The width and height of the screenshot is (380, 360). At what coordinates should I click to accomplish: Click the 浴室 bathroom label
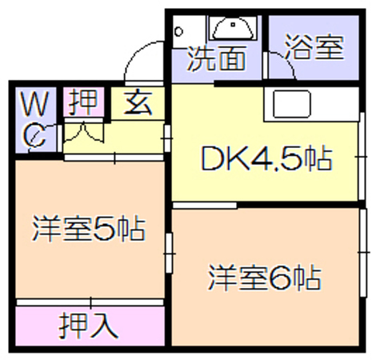[x=314, y=47]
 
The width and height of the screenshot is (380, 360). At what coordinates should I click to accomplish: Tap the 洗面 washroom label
[x=216, y=59]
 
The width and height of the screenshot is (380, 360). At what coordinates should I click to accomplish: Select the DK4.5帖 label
[x=266, y=159]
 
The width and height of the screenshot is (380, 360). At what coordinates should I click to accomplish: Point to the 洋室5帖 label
[x=89, y=230]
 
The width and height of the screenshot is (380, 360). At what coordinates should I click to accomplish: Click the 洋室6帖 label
[x=265, y=278]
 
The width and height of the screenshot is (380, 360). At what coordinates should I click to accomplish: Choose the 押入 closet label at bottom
[x=88, y=326]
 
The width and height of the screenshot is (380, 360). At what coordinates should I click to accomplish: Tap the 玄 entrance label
[x=138, y=102]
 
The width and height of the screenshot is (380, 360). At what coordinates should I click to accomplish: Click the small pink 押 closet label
[x=83, y=102]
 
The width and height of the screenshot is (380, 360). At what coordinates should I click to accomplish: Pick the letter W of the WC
[x=35, y=104]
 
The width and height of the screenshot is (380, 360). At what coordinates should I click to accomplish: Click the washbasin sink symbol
[x=233, y=28]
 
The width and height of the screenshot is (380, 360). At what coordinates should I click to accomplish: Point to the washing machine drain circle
[x=178, y=32]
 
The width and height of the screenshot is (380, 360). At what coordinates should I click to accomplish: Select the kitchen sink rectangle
[x=292, y=104]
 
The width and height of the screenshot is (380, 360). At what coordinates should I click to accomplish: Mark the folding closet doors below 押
[x=83, y=132]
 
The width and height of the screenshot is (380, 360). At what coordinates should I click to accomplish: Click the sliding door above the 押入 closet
[x=90, y=302]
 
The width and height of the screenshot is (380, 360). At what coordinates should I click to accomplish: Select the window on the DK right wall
[x=362, y=157]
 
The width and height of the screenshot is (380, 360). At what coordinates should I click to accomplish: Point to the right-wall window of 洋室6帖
[x=363, y=252]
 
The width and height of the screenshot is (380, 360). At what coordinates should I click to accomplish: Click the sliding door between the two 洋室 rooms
[x=169, y=253]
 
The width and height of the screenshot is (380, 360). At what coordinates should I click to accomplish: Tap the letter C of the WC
[x=34, y=135]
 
